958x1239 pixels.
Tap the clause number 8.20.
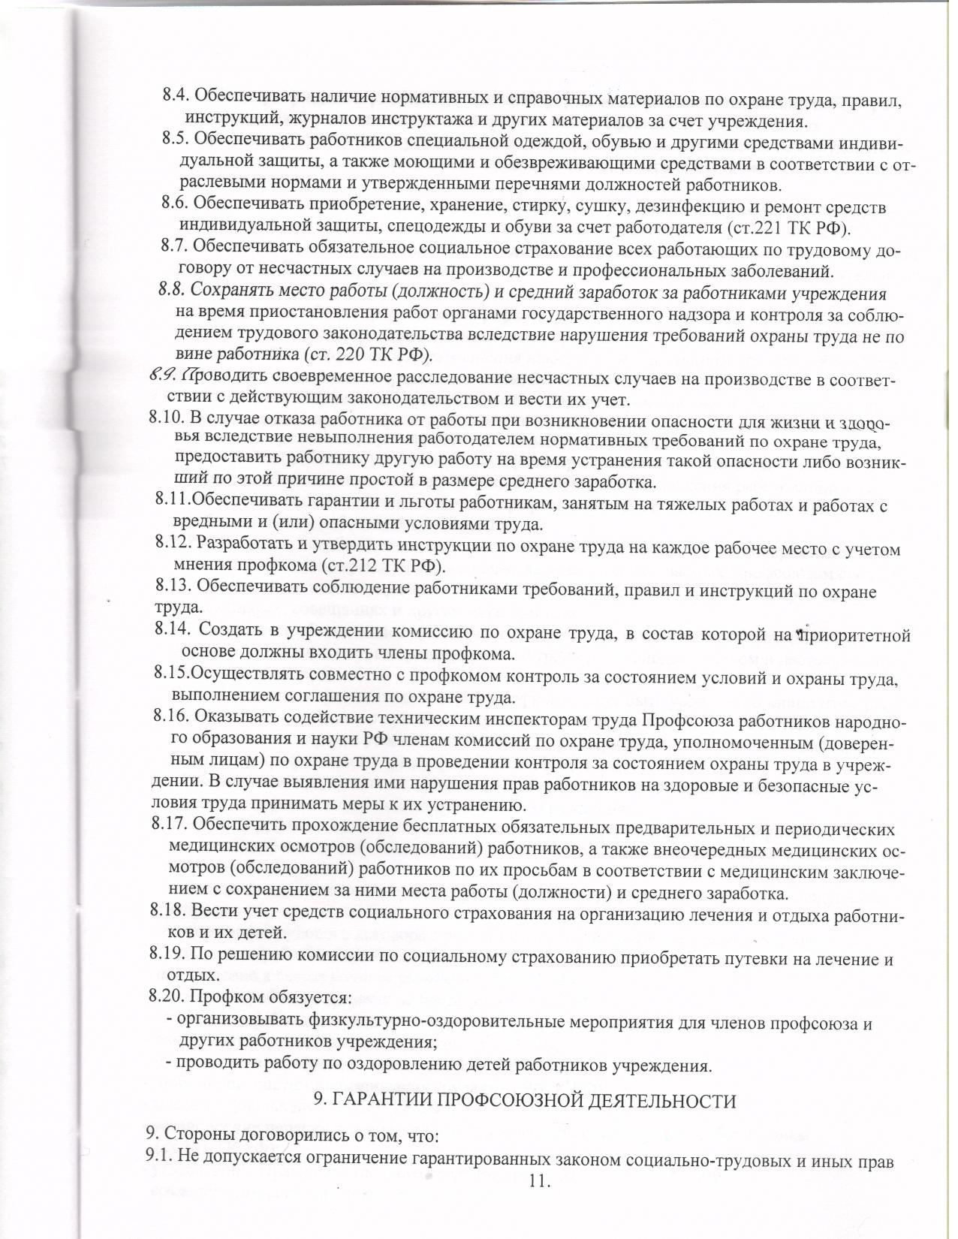167,997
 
